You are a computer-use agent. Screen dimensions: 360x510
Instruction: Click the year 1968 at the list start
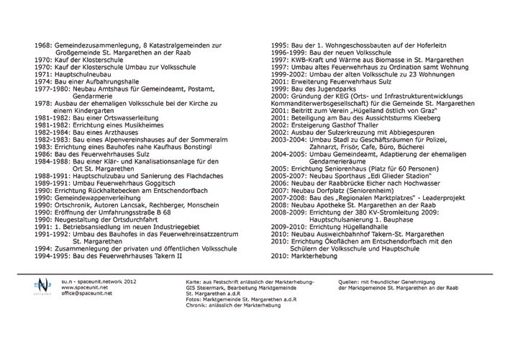[42, 45]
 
